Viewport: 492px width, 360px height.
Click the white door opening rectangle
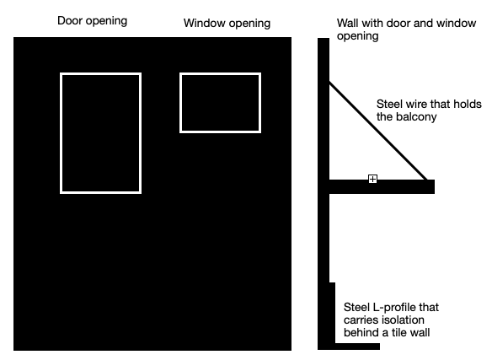click(61, 133)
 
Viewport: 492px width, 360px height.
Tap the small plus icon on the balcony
click(372, 179)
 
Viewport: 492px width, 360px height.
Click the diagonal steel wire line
click(378, 131)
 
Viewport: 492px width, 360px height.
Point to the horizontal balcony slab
click(382, 186)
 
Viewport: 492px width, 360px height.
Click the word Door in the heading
click(70, 21)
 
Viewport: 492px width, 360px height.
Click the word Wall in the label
click(347, 23)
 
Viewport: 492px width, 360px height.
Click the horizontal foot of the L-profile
click(357, 347)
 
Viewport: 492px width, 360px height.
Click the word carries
click(358, 320)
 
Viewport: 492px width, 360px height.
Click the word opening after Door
click(106, 21)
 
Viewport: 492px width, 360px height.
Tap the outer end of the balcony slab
click(435, 186)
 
